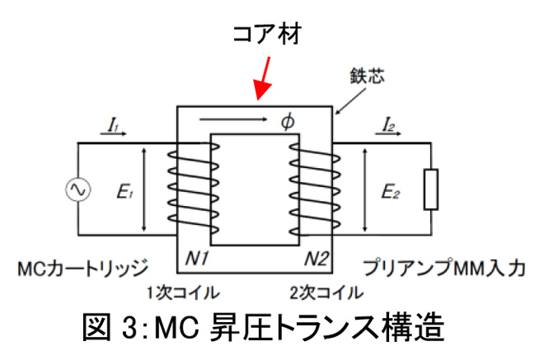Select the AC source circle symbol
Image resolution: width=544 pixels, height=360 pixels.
coord(79,189)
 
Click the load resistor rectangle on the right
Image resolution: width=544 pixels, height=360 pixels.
coord(429,189)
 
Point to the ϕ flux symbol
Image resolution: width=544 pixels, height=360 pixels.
coord(288,122)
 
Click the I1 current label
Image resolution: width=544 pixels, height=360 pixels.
coord(113,126)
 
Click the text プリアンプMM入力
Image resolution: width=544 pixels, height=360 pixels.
coord(445,267)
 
